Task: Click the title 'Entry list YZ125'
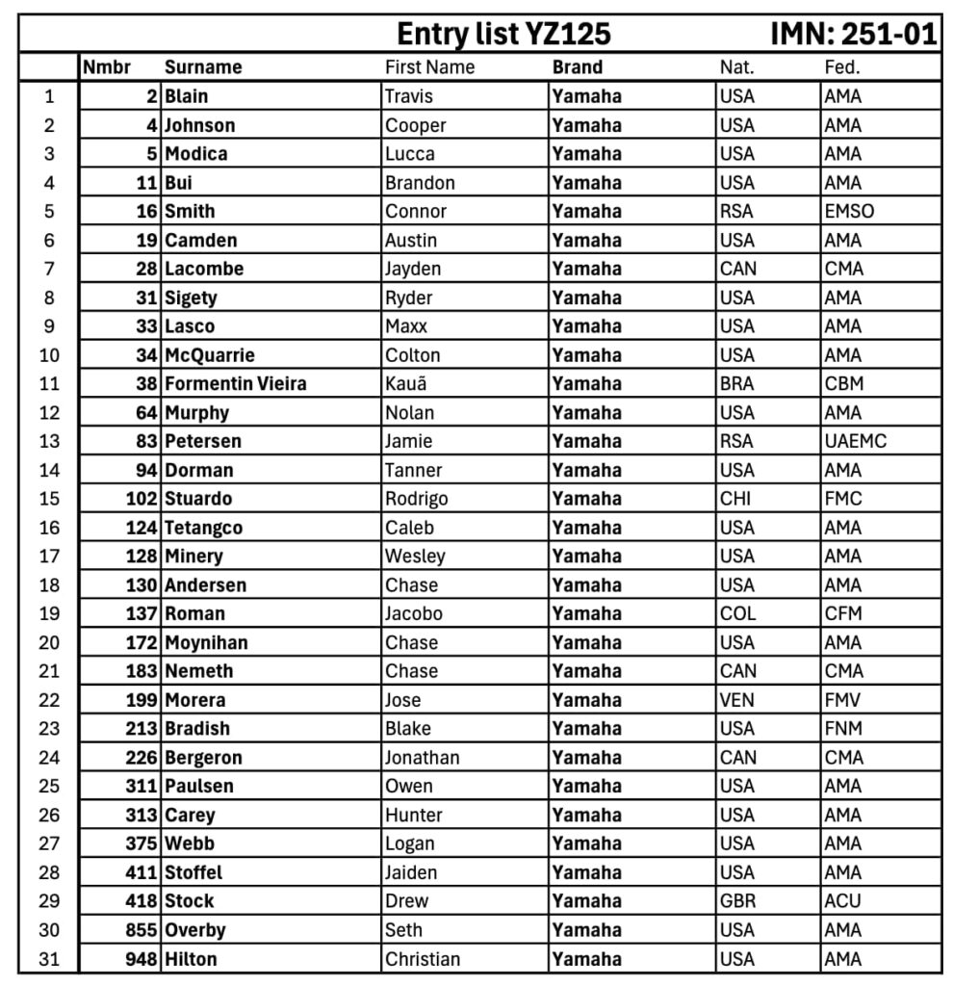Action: [503, 35]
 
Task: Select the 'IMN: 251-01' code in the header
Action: [853, 35]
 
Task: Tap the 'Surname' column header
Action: [203, 67]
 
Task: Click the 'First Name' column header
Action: [429, 67]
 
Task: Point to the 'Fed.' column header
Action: [841, 67]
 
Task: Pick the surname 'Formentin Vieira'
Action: [236, 383]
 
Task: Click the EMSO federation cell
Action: [849, 211]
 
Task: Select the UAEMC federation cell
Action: [855, 441]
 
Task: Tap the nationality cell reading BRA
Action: [737, 383]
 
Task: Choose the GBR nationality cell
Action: [737, 901]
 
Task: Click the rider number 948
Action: [142, 959]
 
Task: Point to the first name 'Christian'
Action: [423, 959]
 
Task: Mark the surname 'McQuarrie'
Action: [210, 355]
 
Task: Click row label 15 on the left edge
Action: [49, 499]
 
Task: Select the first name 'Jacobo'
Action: [414, 613]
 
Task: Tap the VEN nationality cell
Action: [737, 700]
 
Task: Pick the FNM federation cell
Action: [843, 729]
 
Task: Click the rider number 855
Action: [142, 930]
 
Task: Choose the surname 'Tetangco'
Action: [204, 528]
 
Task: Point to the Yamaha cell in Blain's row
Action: [587, 96]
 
